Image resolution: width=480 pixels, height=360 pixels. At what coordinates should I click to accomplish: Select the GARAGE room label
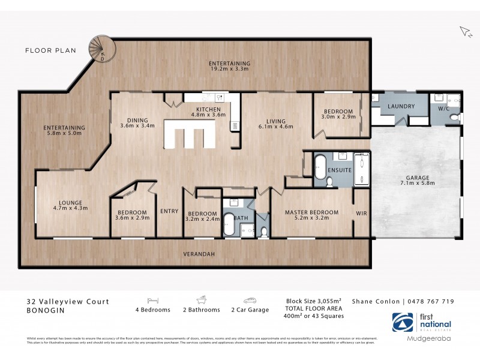pyautogui.click(x=417, y=178)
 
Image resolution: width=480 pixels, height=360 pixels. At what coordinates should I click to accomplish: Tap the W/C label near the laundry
pyautogui.click(x=444, y=109)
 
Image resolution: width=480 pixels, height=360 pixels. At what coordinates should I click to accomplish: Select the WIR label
pyautogui.click(x=361, y=212)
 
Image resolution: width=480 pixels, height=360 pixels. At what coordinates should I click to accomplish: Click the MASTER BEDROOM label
pyautogui.click(x=311, y=212)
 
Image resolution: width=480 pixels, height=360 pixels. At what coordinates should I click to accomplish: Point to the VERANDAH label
pyautogui.click(x=200, y=254)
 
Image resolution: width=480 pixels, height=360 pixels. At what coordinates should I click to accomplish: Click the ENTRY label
pyautogui.click(x=169, y=211)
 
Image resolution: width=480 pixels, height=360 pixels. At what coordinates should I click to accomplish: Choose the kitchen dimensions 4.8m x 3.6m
pyautogui.click(x=208, y=114)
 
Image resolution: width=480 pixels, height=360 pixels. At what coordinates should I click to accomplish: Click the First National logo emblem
pyautogui.click(x=403, y=322)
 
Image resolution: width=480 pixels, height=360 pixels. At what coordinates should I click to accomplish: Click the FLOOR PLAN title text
pyautogui.click(x=50, y=50)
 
